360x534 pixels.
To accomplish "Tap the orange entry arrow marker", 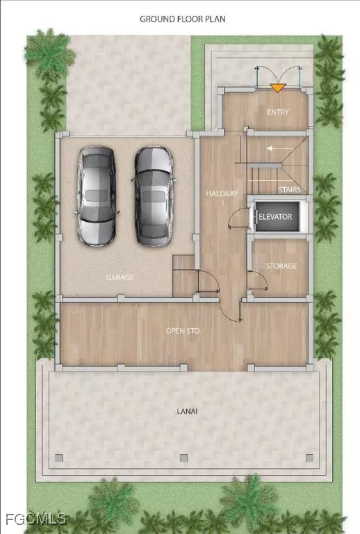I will click(278, 88).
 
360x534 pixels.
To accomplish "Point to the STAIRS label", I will click(288, 189).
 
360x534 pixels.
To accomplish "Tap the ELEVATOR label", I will click(275, 217).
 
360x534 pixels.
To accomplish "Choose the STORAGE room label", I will click(281, 266).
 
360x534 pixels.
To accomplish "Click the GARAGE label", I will click(120, 277).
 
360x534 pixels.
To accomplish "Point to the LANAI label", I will click(186, 412).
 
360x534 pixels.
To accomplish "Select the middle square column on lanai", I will click(183, 458).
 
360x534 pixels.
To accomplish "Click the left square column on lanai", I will click(59, 458).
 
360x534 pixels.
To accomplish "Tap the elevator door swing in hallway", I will click(240, 220).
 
